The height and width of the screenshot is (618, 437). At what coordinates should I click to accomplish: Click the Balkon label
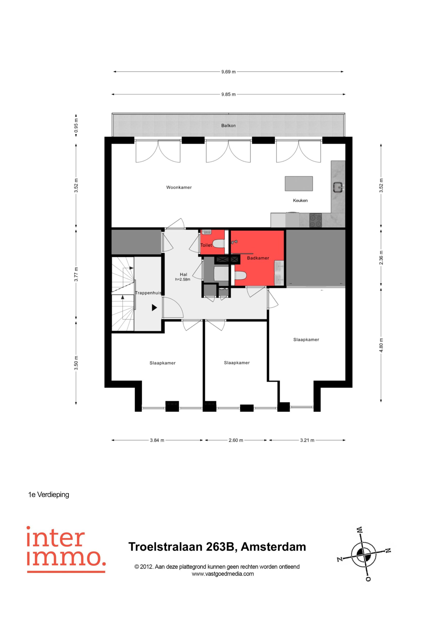[x=228, y=126]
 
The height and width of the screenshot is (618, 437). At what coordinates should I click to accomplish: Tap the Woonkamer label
[x=179, y=187]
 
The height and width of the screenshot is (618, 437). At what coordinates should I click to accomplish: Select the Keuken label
[x=300, y=200]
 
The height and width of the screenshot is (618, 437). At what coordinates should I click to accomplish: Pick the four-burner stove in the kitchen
[x=316, y=221]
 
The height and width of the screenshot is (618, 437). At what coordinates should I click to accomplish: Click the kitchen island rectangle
[x=299, y=183]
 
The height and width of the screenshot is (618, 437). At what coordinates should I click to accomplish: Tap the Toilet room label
[x=206, y=245]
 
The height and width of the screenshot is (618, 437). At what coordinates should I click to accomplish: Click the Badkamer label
[x=258, y=258]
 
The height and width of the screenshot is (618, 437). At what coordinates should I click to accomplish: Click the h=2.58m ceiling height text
[x=183, y=279]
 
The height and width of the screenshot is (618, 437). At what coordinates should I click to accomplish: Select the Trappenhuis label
[x=148, y=293]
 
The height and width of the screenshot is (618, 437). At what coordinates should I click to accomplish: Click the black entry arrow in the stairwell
[x=154, y=307]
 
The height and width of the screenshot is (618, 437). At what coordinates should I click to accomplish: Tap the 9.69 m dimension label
[x=228, y=72]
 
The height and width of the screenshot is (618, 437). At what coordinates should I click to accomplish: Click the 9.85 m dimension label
[x=228, y=94]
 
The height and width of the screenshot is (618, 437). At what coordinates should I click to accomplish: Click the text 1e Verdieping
[x=49, y=494]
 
